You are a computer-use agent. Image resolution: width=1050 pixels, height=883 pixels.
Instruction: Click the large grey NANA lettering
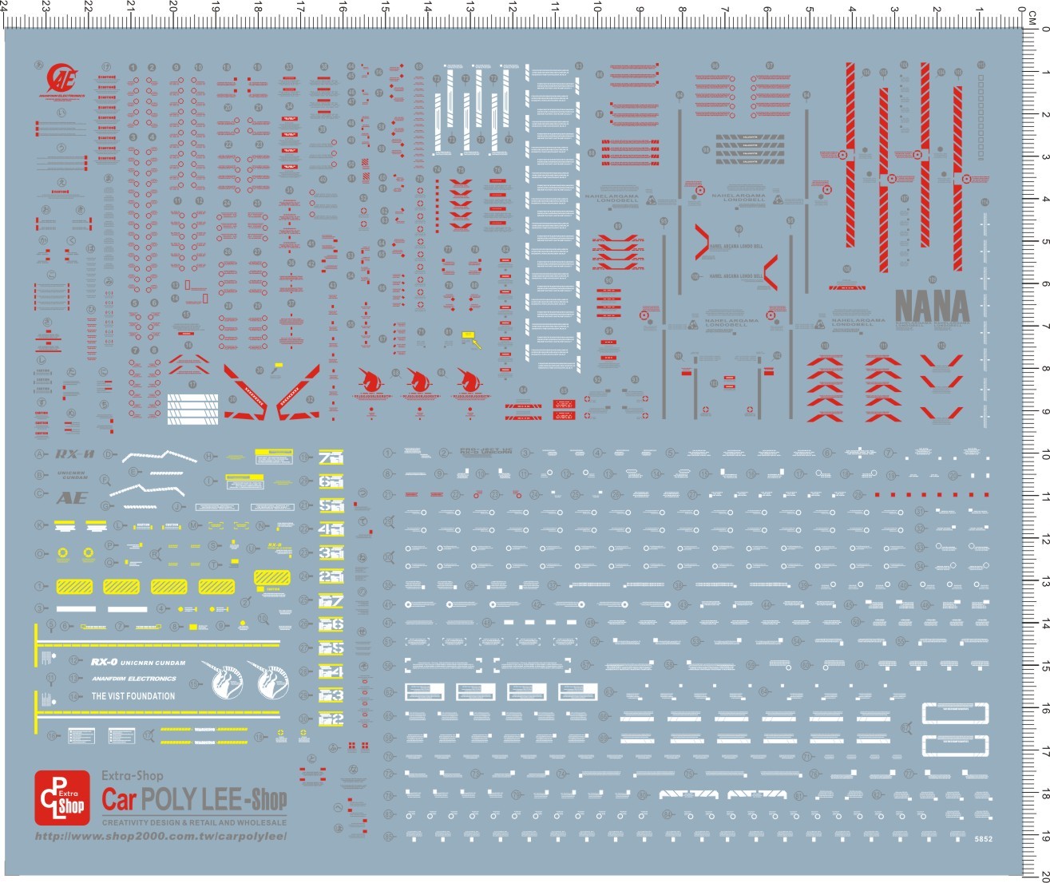[x=931, y=307]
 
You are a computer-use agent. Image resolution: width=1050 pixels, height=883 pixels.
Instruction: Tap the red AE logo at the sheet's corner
[x=61, y=77]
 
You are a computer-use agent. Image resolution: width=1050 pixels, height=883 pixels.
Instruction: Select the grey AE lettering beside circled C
[x=72, y=498]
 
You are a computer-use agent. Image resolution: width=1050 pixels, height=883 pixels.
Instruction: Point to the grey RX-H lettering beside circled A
[x=75, y=455]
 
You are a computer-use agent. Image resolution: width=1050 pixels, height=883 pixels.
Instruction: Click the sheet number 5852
[x=983, y=839]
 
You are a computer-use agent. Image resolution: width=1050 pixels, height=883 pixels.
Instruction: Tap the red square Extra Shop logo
[x=62, y=798]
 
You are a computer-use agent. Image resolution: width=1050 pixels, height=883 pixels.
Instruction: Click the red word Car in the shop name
[x=120, y=800]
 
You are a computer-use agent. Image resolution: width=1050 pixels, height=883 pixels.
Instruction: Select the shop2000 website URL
[x=160, y=836]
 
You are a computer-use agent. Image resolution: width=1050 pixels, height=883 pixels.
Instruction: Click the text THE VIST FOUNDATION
[x=133, y=696]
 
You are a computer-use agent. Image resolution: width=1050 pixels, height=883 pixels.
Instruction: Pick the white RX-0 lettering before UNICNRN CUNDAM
[x=104, y=662]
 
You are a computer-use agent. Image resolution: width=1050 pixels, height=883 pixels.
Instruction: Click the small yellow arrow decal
[x=477, y=343]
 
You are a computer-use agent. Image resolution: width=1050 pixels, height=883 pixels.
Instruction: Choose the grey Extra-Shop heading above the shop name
[x=132, y=775]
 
